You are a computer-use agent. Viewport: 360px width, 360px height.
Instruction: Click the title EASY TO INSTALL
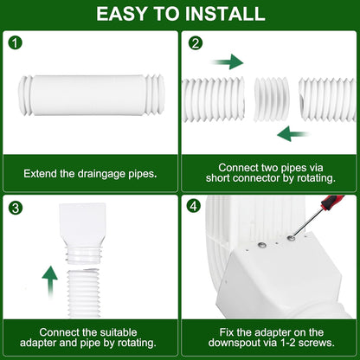point(180,14)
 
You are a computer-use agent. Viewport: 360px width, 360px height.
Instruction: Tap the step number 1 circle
point(15,42)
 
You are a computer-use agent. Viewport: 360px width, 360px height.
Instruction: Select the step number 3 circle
point(15,208)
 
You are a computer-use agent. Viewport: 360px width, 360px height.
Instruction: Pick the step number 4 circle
point(194,208)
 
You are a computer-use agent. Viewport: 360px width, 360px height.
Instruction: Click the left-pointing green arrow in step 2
point(294,132)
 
